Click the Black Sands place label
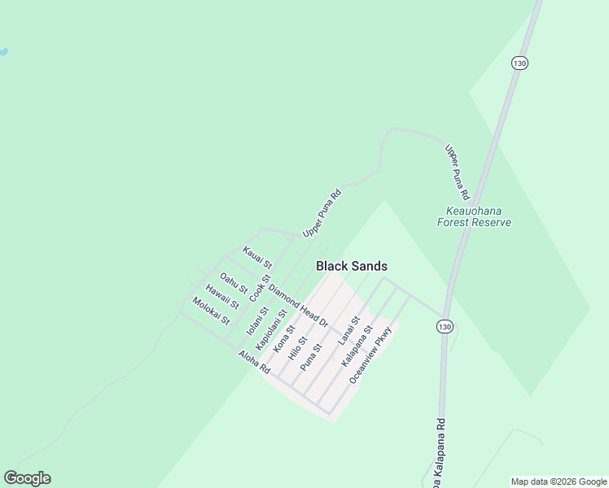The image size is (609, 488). (x=351, y=266)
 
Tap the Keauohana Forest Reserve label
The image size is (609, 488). (x=474, y=216)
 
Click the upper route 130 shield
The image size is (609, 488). (x=519, y=63)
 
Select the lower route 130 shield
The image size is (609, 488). (x=444, y=326)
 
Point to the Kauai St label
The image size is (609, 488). (x=256, y=258)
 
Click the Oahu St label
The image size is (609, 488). (x=234, y=284)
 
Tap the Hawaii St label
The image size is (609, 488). (x=221, y=297)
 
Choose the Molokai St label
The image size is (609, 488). (x=211, y=312)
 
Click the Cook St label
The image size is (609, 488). (x=260, y=289)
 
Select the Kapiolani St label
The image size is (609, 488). (x=272, y=329)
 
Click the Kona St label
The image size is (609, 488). (x=283, y=340)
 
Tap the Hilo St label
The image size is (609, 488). (x=297, y=346)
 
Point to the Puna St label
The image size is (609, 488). (x=312, y=357)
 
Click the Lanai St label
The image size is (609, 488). (x=349, y=331)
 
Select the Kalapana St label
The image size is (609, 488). (x=357, y=346)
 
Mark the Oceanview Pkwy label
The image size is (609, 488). (x=371, y=355)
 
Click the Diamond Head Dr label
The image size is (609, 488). (x=298, y=306)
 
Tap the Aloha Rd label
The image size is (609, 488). (x=254, y=361)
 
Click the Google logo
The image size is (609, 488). (x=27, y=478)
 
